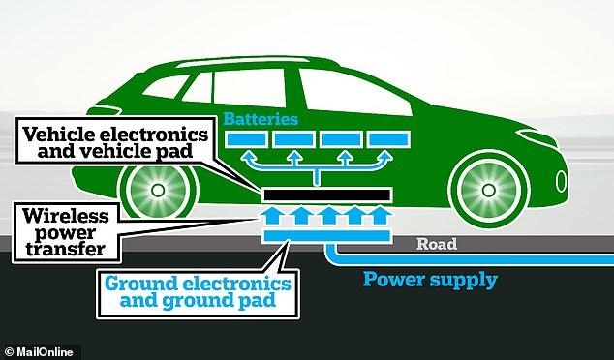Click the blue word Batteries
tap(261, 119)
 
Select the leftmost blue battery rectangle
tap(247, 139)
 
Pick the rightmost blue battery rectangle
tap(388, 139)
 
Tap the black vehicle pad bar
tap(326, 195)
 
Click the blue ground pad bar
tap(326, 235)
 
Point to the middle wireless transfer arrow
tap(329, 216)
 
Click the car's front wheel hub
tap(489, 191)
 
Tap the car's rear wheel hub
tap(158, 191)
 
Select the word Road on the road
tap(437, 244)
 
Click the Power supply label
tap(430, 280)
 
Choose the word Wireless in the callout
tap(66, 216)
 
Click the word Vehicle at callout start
tap(59, 135)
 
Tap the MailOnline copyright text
tap(38, 352)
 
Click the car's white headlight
tap(537, 138)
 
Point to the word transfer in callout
tap(66, 250)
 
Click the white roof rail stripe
tap(243, 62)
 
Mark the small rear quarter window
tap(165, 86)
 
